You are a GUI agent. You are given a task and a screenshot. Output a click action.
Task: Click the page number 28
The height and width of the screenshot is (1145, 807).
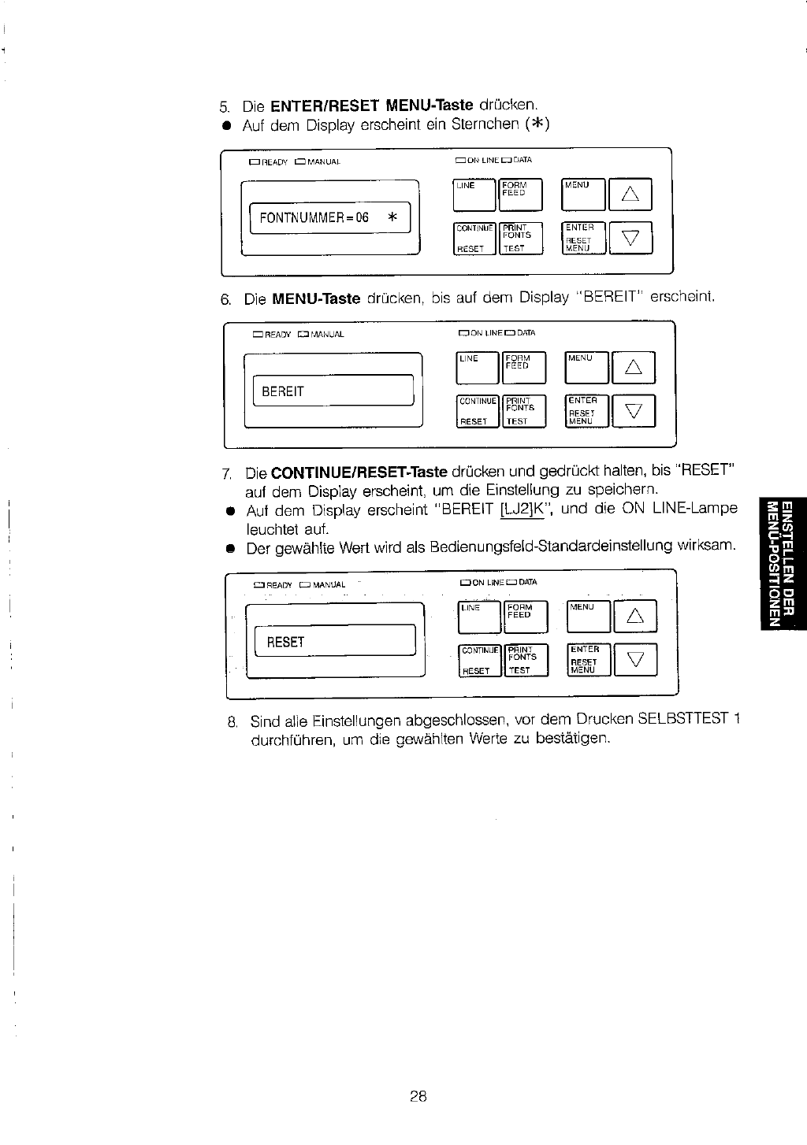click(x=418, y=1095)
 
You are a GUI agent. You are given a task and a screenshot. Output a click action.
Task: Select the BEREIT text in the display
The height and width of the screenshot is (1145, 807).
click(x=282, y=391)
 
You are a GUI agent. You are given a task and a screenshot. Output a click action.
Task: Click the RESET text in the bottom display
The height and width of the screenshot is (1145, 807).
click(x=285, y=642)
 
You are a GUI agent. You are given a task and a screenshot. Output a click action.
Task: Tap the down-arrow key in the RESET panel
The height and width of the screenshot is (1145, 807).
click(x=634, y=661)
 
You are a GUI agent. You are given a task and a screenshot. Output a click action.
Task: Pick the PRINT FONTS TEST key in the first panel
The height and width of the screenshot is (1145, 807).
click(x=521, y=238)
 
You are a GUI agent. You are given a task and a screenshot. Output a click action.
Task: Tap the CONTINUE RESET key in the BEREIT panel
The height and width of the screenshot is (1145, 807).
click(x=478, y=410)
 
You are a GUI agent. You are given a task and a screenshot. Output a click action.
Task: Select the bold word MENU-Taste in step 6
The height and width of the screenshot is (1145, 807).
click(x=316, y=299)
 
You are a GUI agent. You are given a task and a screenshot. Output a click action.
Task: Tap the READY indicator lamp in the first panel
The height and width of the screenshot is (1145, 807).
click(x=254, y=162)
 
